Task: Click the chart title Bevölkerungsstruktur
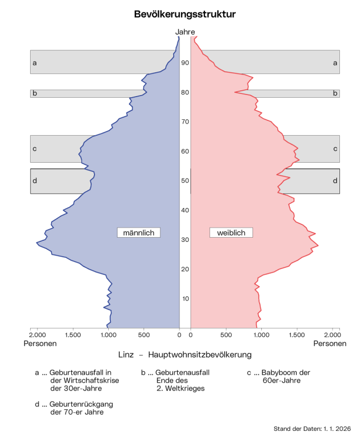(x=185, y=14)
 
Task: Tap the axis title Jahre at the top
(x=185, y=32)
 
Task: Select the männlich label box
(x=138, y=232)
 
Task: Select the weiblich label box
(x=231, y=232)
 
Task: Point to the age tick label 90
(x=185, y=62)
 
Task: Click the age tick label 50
(x=185, y=181)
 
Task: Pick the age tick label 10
(x=185, y=299)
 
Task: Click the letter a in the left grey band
(x=34, y=63)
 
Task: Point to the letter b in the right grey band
(x=335, y=93)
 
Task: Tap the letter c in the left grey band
(x=34, y=149)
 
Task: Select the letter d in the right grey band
(x=335, y=181)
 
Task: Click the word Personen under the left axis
(x=40, y=343)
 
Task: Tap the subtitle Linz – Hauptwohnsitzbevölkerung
(x=185, y=354)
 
